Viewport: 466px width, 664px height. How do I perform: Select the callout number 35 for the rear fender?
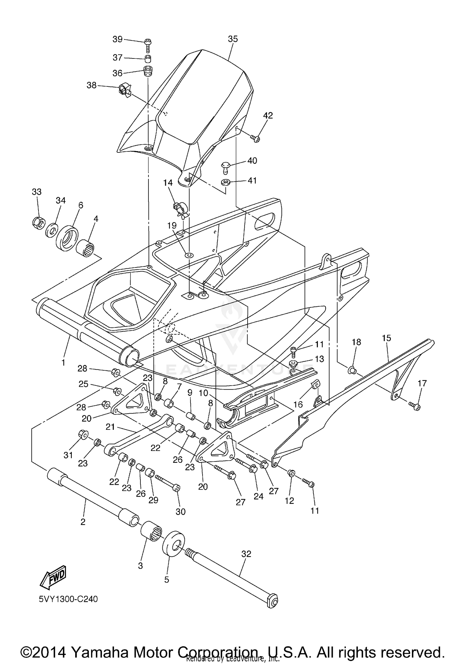tap(233, 39)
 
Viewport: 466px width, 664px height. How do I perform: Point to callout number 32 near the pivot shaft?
tap(246, 554)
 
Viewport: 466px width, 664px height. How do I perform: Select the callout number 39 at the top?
tap(117, 39)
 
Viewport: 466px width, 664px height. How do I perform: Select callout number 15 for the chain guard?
tap(386, 338)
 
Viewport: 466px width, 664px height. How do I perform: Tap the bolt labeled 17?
tap(415, 406)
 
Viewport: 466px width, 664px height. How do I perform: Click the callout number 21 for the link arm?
tap(110, 427)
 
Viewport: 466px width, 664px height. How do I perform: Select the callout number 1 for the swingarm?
tap(63, 362)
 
